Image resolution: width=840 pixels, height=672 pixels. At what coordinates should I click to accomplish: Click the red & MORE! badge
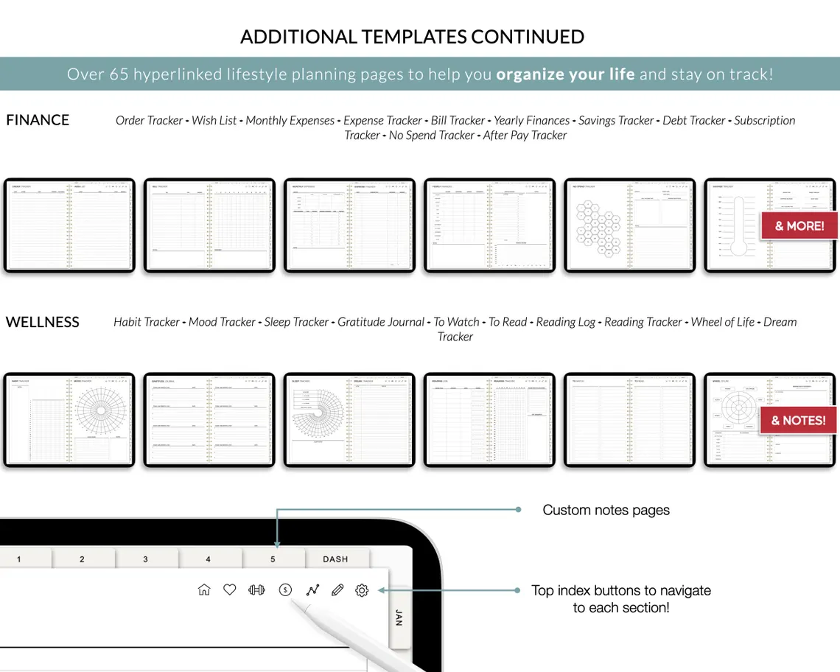[x=799, y=226]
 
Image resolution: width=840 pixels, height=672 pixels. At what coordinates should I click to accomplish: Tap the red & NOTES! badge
[x=799, y=421]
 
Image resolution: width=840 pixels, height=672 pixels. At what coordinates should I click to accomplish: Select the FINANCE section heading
[x=38, y=120]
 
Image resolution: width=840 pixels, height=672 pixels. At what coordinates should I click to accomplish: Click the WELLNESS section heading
[x=43, y=322]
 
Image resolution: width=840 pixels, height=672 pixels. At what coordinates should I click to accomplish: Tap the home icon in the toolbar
[x=204, y=589]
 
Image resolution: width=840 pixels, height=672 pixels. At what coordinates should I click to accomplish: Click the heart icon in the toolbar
[x=230, y=589]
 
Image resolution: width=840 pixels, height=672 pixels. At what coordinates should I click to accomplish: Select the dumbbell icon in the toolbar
[x=256, y=589]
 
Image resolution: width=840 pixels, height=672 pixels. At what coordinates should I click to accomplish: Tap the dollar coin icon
[x=286, y=589]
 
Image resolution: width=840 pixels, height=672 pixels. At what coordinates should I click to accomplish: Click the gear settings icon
[x=362, y=589]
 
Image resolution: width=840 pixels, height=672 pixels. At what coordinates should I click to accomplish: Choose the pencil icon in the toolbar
[x=337, y=589]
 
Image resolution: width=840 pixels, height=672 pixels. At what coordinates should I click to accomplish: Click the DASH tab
[x=335, y=559]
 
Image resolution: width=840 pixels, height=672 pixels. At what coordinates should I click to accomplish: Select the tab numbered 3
[x=145, y=559]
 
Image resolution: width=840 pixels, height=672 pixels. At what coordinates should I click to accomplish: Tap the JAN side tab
[x=399, y=617]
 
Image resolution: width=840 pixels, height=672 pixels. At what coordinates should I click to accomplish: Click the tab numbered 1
[x=19, y=559]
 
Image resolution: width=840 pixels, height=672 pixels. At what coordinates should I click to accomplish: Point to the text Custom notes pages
[x=606, y=510]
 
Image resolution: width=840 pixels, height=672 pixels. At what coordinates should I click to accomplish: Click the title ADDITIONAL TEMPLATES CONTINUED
[x=413, y=37]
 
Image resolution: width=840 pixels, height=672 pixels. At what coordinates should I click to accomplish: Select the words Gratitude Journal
[x=380, y=322]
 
